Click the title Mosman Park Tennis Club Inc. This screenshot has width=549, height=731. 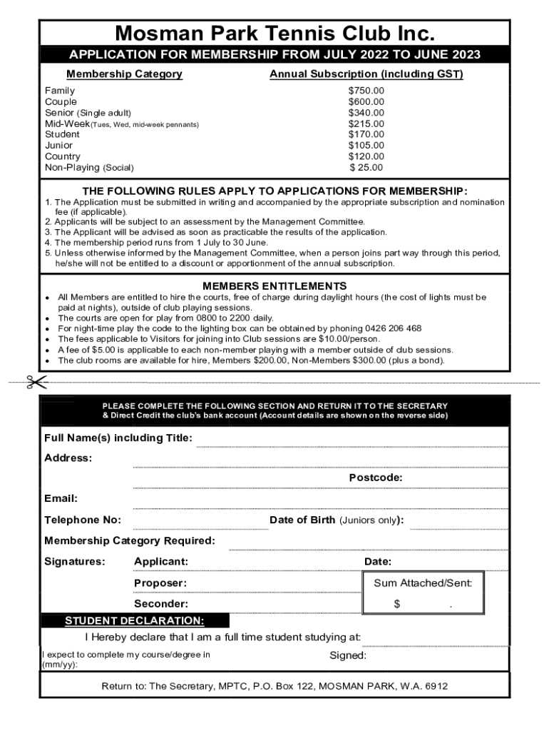(274, 34)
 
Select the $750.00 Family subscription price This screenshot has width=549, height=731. (366, 91)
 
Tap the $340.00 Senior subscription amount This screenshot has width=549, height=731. (366, 113)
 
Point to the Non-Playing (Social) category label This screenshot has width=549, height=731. (89, 168)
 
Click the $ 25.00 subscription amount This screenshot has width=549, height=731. (366, 168)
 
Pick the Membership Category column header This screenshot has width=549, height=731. (124, 74)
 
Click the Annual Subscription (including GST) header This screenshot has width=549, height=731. (366, 74)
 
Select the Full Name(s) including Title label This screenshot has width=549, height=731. (118, 438)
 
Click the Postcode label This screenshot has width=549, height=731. (376, 478)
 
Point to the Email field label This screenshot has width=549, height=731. (61, 498)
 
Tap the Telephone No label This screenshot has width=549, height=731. (83, 520)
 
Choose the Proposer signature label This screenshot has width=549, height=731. (160, 583)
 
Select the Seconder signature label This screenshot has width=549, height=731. (161, 604)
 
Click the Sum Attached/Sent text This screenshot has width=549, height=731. (423, 583)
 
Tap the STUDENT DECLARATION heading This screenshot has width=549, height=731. (135, 620)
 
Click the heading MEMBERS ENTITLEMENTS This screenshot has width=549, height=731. (274, 286)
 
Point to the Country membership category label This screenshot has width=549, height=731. (63, 156)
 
